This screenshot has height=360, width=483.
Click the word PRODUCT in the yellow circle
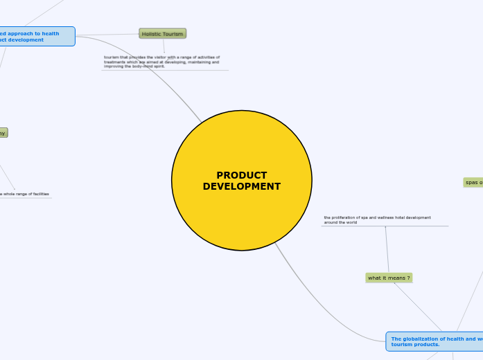pyautogui.click(x=241, y=175)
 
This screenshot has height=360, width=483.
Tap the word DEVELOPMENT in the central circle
pyautogui.click(x=241, y=186)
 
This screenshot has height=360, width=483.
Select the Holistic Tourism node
pyautogui.click(x=162, y=33)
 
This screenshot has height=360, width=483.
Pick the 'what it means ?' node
pyautogui.click(x=389, y=278)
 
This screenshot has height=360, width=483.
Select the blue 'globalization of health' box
pyautogui.click(x=435, y=341)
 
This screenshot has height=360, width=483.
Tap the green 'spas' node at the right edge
pyautogui.click(x=473, y=182)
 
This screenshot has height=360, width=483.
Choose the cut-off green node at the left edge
pyautogui.click(x=3, y=133)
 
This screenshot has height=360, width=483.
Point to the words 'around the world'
pyautogui.click(x=340, y=222)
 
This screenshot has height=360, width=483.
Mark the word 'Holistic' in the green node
pyautogui.click(x=152, y=33)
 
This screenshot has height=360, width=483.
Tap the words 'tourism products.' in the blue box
pyautogui.click(x=415, y=344)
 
